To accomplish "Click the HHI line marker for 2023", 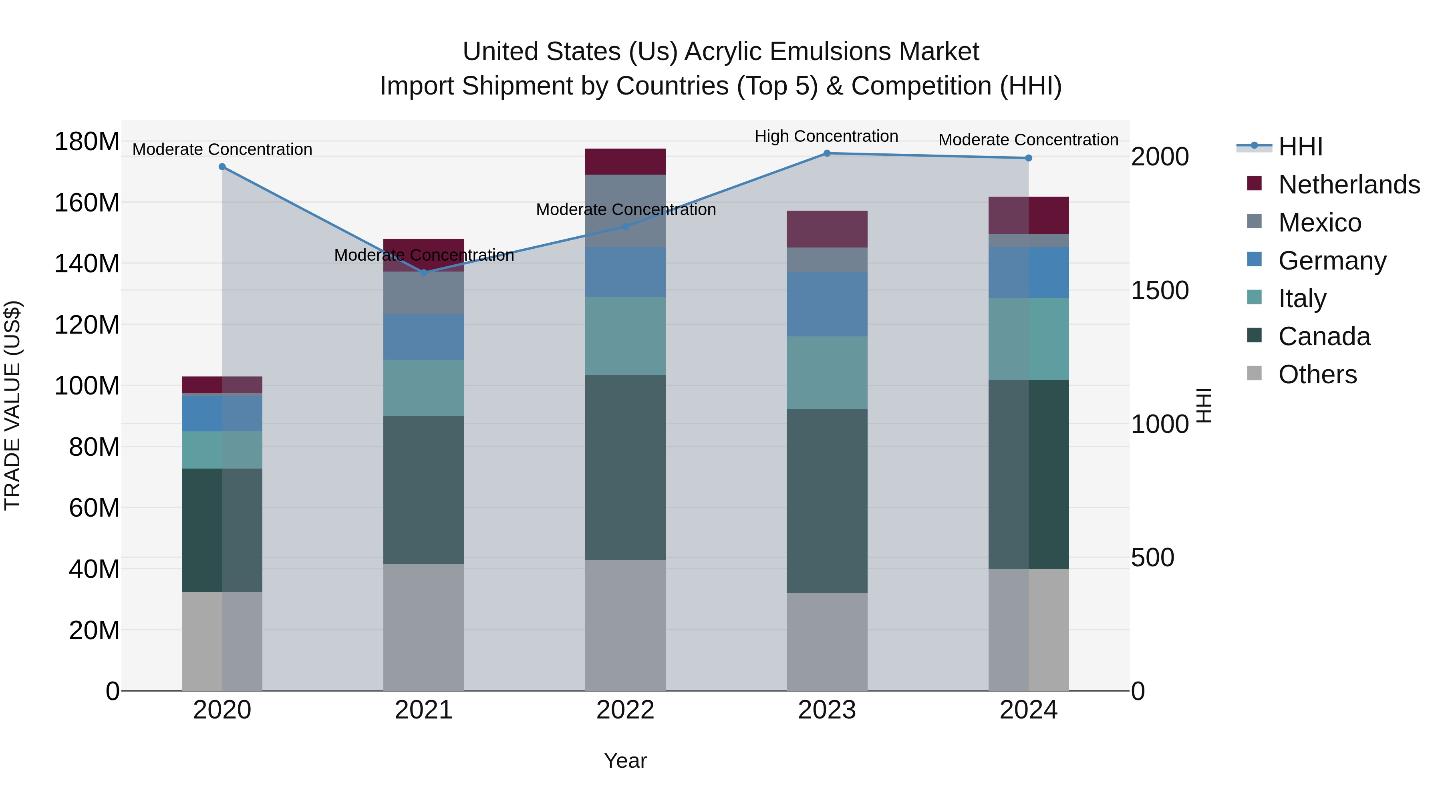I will [827, 153].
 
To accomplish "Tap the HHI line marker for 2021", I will [424, 273].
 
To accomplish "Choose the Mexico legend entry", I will [1319, 223].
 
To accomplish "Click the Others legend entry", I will [1317, 374].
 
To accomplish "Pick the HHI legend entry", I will [1300, 147].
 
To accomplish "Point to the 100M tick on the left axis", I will [87, 386].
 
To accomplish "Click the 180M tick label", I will [87, 142].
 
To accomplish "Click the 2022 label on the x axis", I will [625, 710].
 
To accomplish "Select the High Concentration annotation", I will [826, 136].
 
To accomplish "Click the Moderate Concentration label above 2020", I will [222, 149].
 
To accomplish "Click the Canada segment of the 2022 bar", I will [625, 467].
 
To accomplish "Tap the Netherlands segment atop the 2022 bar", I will [625, 162].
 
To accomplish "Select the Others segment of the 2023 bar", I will [827, 642].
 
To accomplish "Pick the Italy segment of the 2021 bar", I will [424, 388].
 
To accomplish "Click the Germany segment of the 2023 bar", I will [827, 304].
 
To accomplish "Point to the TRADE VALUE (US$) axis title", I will [13, 405].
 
